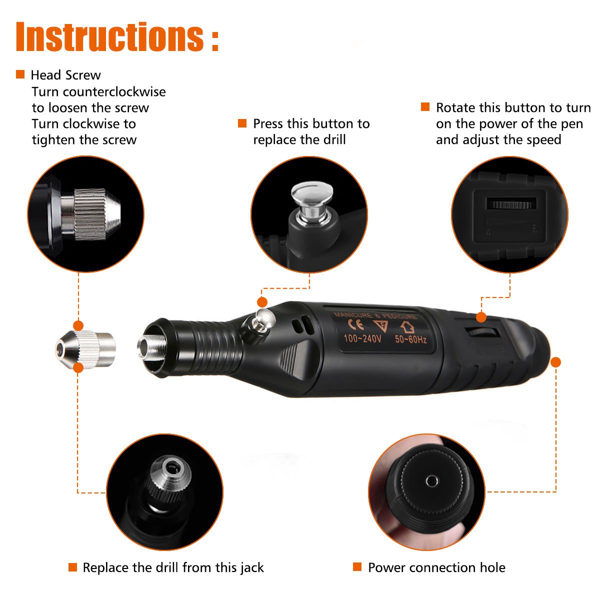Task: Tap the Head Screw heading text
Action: tap(65, 75)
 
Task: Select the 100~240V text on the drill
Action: tap(362, 339)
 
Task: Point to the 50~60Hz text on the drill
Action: tap(410, 339)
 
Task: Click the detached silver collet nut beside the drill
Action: tap(85, 344)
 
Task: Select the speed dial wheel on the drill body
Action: tap(483, 333)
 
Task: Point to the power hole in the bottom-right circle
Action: tap(431, 481)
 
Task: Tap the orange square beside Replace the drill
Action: tap(73, 567)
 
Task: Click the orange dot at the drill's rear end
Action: tap(555, 361)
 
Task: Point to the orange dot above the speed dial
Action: tap(481, 317)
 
